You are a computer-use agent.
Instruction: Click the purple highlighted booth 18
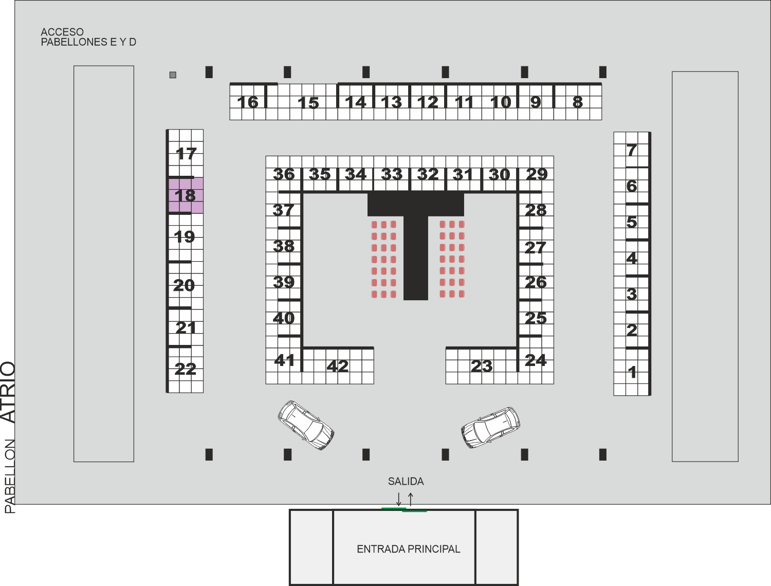pyautogui.click(x=186, y=195)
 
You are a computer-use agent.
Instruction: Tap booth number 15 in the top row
pyautogui.click(x=308, y=103)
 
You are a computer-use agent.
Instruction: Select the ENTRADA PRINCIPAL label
pyautogui.click(x=409, y=549)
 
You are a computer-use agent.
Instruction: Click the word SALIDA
pyautogui.click(x=406, y=481)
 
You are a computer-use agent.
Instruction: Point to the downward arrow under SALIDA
pyautogui.click(x=399, y=499)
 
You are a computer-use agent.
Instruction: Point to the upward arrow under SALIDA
pyautogui.click(x=411, y=499)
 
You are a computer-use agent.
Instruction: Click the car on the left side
pyautogui.click(x=306, y=425)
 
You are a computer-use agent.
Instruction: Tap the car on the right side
pyautogui.click(x=490, y=427)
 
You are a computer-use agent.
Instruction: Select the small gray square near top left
pyautogui.click(x=173, y=75)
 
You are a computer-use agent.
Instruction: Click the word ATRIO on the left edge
pyautogui.click(x=8, y=392)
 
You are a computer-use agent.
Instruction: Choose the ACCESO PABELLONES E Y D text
pyautogui.click(x=88, y=37)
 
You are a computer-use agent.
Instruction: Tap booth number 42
pyautogui.click(x=338, y=366)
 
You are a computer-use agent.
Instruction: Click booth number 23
pyautogui.click(x=482, y=366)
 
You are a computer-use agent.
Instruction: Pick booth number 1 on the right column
pyautogui.click(x=632, y=372)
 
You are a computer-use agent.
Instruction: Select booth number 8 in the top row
pyautogui.click(x=577, y=102)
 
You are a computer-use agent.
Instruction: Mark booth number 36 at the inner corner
pyautogui.click(x=284, y=174)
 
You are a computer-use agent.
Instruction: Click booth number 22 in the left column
pyautogui.click(x=185, y=369)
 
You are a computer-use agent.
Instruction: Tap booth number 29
pyautogui.click(x=537, y=174)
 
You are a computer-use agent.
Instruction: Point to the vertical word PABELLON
pyautogui.click(x=10, y=477)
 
